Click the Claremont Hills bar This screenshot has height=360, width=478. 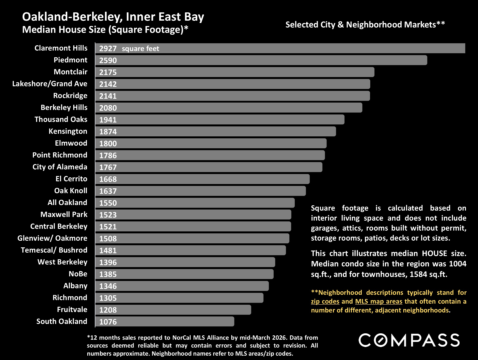[x=280, y=48]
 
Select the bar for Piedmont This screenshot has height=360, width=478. [x=261, y=60]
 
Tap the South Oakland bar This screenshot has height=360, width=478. [x=165, y=321]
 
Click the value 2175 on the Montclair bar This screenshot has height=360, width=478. [x=108, y=72]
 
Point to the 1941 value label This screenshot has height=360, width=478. [x=108, y=120]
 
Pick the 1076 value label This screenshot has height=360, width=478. [x=108, y=322]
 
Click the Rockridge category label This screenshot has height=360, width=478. [x=70, y=96]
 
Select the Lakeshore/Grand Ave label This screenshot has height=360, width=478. [x=50, y=84]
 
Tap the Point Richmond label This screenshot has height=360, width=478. [x=60, y=155]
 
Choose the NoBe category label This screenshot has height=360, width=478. [x=78, y=274]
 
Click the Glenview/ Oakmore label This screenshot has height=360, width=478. [x=52, y=238]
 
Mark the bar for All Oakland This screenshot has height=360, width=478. [x=195, y=203]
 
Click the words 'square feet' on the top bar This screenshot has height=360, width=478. [x=140, y=49]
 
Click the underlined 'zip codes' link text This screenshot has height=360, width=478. [x=325, y=301]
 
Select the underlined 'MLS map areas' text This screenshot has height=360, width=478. [x=379, y=301]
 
